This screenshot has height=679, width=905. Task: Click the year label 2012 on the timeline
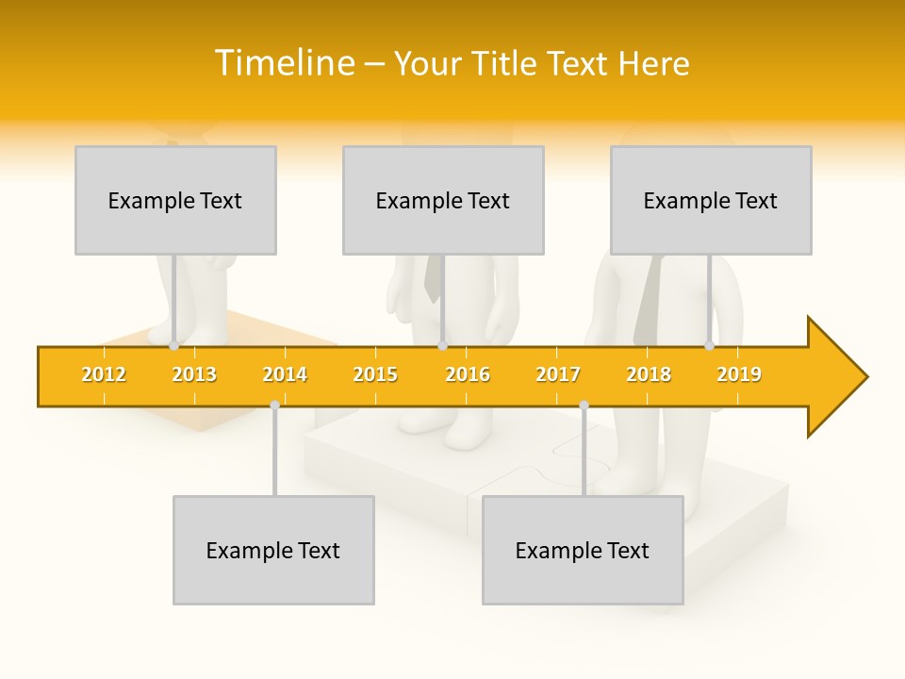(104, 374)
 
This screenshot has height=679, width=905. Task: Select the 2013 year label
(194, 374)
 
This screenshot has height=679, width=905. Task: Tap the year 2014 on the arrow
(285, 374)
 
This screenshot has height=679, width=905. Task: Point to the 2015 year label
(375, 374)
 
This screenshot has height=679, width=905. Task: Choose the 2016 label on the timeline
(468, 374)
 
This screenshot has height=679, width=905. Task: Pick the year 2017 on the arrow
(558, 374)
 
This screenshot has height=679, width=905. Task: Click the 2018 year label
(649, 374)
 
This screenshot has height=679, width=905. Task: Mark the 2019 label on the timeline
(739, 374)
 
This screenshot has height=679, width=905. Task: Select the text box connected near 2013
(175, 200)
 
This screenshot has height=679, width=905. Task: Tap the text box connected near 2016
(443, 200)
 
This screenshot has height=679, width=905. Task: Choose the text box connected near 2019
(711, 200)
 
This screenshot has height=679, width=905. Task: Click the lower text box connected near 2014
(273, 550)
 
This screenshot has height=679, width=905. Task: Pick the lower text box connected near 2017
(583, 550)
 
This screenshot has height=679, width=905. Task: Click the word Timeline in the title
(285, 63)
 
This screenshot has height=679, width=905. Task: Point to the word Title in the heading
(508, 63)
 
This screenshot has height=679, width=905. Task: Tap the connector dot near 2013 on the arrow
(174, 346)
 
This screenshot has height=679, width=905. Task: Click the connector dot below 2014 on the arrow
(274, 405)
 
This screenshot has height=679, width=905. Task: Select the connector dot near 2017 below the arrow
(584, 405)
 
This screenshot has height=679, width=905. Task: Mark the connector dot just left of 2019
(710, 346)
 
